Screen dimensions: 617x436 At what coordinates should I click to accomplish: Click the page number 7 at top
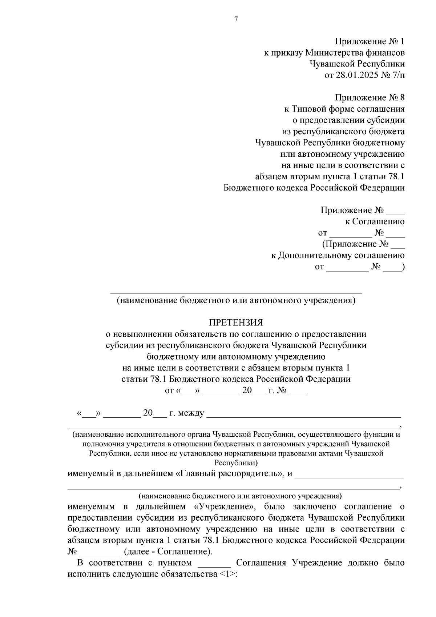tap(236, 19)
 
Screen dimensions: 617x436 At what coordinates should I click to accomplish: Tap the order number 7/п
tap(396, 75)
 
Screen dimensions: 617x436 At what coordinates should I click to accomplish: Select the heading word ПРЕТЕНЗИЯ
tap(236, 323)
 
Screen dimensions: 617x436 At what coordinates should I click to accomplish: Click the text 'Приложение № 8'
tap(369, 98)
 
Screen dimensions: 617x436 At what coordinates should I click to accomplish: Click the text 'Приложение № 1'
tap(369, 41)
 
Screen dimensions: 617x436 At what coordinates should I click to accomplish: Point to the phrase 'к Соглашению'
tap(375, 221)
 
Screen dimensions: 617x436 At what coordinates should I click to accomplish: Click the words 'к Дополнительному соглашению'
tap(338, 255)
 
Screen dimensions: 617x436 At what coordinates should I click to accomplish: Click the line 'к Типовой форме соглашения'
tap(344, 109)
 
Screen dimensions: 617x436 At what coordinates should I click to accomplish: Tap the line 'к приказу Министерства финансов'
tap(334, 53)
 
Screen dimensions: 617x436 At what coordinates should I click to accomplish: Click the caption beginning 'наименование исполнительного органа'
tap(236, 434)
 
